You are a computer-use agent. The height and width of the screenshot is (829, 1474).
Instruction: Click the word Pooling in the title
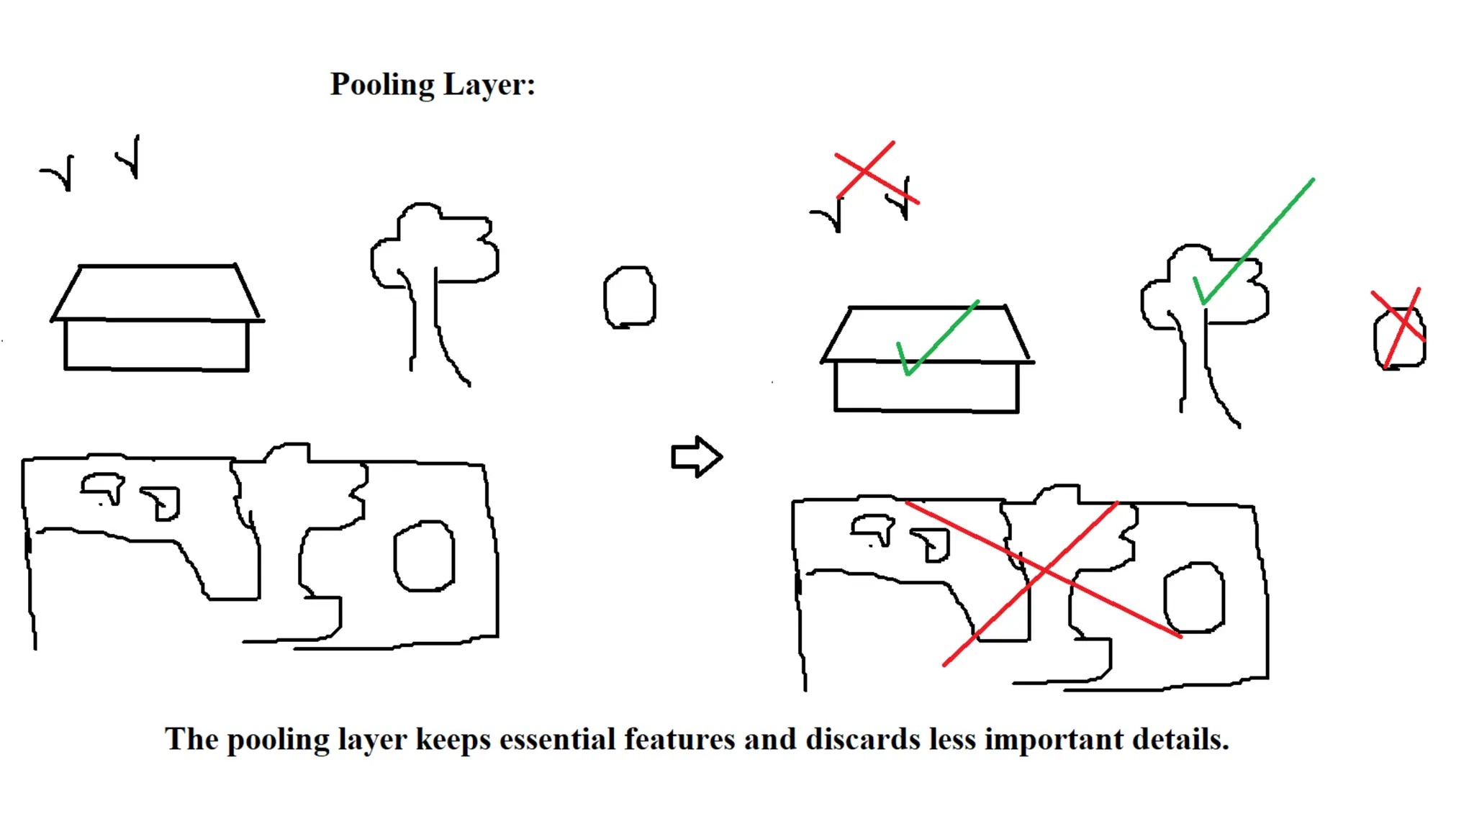(382, 86)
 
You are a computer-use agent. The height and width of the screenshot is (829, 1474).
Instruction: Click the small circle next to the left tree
(630, 297)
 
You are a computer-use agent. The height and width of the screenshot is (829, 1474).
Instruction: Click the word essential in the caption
(557, 740)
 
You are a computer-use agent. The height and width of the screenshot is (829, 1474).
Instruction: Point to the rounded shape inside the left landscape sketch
(424, 556)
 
